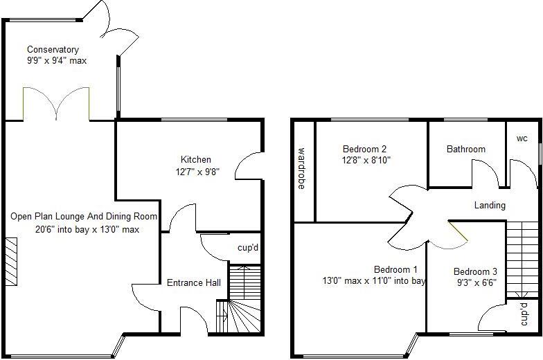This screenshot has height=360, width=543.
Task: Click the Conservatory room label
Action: click(x=53, y=50)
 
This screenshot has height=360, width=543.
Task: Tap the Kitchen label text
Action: click(x=196, y=160)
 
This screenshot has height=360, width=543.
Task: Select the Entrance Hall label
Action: click(x=194, y=282)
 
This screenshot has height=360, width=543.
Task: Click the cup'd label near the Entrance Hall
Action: click(x=247, y=248)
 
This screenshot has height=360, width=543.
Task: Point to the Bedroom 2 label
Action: click(x=364, y=149)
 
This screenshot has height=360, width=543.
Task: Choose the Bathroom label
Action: click(x=465, y=149)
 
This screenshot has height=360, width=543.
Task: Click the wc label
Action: click(x=522, y=138)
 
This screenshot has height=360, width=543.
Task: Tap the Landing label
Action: click(x=490, y=205)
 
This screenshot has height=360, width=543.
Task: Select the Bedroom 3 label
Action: click(x=475, y=272)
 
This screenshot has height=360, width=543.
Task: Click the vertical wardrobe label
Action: click(x=302, y=168)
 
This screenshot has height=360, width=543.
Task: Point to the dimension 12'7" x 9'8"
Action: click(x=196, y=172)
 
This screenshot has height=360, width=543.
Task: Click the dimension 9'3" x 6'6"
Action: click(x=475, y=283)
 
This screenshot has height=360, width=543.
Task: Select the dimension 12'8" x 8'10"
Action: click(x=366, y=160)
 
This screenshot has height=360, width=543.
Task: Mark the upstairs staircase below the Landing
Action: click(x=523, y=256)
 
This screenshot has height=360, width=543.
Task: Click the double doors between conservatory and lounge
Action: click(x=56, y=104)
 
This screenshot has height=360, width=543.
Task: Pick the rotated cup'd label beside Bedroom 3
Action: click(x=524, y=314)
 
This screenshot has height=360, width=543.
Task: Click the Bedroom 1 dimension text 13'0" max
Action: click(x=347, y=281)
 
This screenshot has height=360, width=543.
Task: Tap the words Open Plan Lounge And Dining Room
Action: click(x=84, y=217)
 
